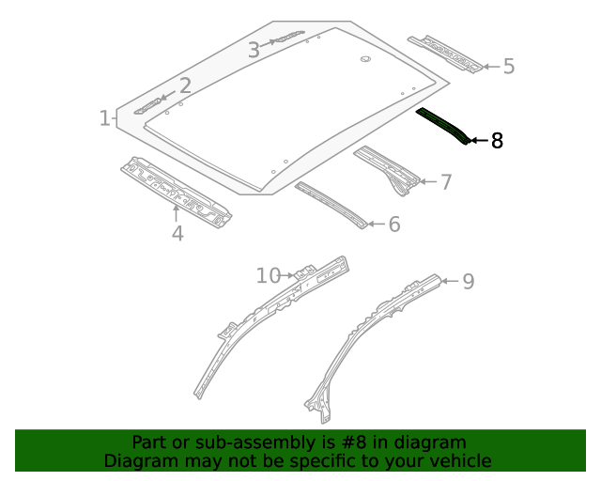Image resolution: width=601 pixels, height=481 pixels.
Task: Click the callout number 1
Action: click(x=104, y=118)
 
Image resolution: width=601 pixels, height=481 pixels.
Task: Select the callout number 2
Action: click(x=185, y=86)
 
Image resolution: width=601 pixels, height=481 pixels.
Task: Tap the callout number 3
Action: click(x=254, y=51)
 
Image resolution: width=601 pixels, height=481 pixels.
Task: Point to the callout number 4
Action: click(x=177, y=232)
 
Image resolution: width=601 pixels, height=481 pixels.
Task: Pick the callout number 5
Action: click(x=509, y=67)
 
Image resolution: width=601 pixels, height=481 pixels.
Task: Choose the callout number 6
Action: click(x=394, y=225)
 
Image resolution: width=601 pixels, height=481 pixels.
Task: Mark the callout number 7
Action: click(x=445, y=182)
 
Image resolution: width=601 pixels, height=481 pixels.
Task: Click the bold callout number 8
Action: click(x=497, y=142)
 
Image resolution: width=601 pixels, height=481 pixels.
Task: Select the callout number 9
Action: click(x=468, y=281)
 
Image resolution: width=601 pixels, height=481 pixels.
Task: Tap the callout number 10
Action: click(x=269, y=275)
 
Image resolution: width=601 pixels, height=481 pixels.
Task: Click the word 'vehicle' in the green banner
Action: click(x=458, y=460)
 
